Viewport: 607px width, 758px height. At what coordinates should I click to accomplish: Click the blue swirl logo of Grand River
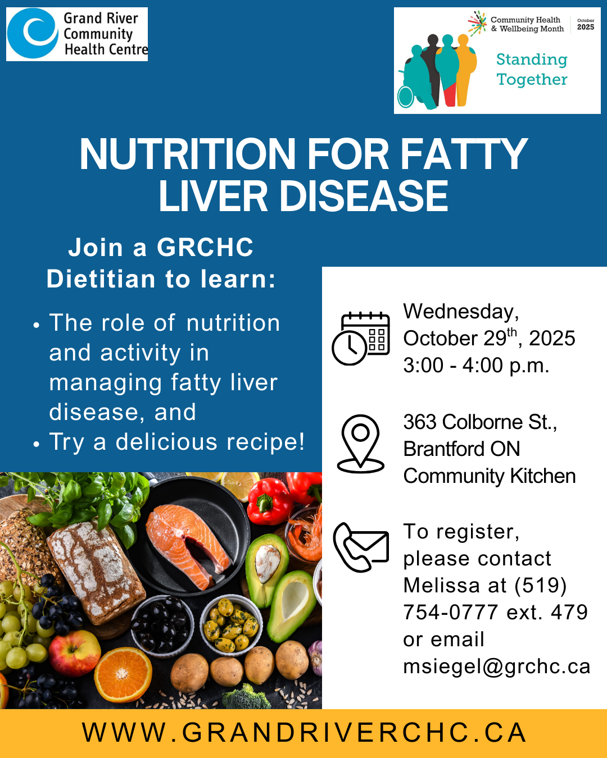33,33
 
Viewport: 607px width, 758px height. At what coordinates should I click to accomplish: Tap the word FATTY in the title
464,154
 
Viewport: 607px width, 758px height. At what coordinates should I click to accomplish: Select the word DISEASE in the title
364,195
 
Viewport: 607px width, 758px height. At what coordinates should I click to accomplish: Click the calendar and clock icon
360,338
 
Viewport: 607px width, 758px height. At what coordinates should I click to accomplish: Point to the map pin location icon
360,443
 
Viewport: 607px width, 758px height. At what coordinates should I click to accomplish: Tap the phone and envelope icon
360,547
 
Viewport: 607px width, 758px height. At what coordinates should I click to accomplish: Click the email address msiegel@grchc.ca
497,666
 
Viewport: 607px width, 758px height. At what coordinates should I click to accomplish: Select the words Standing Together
532,69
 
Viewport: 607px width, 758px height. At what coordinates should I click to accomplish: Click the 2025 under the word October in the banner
586,27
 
